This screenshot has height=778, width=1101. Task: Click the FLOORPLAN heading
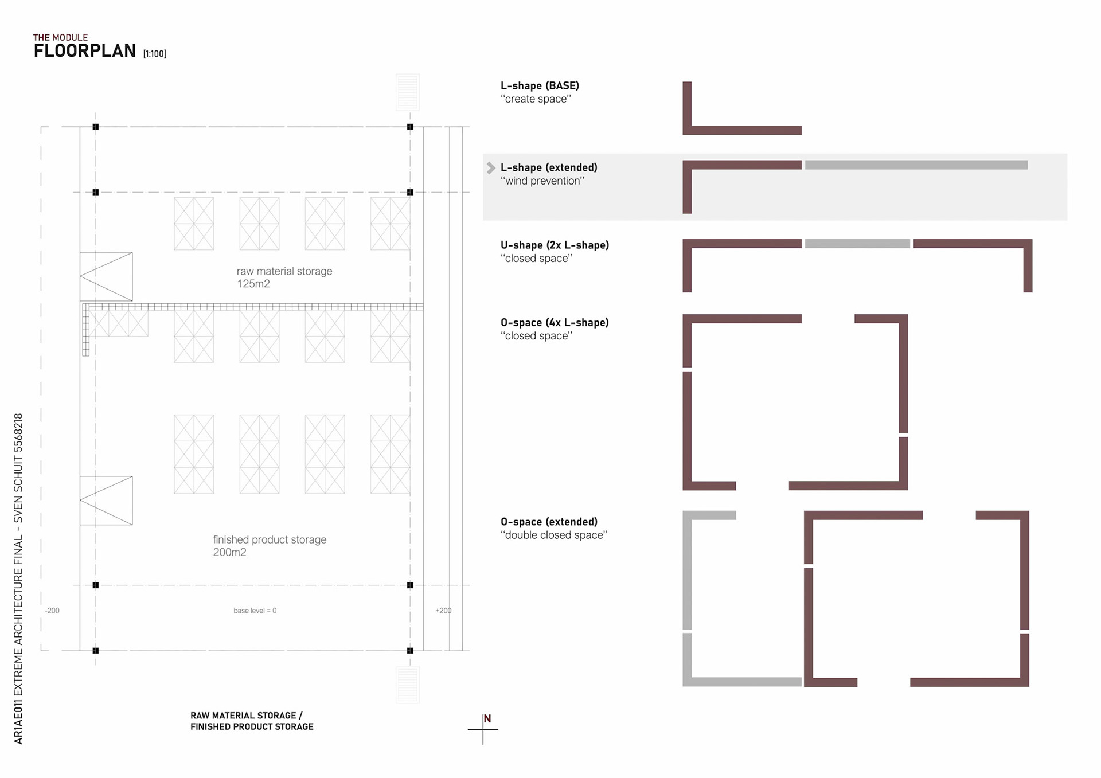(x=84, y=51)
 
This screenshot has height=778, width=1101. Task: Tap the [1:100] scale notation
(x=155, y=54)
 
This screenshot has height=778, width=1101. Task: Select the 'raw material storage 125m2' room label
(x=284, y=277)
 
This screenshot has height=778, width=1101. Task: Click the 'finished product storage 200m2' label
(x=269, y=546)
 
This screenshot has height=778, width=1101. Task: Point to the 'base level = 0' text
(x=255, y=611)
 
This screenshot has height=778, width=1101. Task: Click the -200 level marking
(x=52, y=611)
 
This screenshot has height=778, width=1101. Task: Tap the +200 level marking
(x=443, y=611)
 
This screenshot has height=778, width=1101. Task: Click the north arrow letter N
(x=487, y=719)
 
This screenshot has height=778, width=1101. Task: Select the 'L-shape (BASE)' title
(x=540, y=86)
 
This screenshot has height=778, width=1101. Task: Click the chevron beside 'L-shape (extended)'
(x=491, y=168)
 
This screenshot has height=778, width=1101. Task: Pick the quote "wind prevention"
(x=542, y=181)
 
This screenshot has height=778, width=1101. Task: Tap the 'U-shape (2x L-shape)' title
(x=555, y=245)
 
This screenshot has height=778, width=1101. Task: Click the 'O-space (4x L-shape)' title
(x=555, y=323)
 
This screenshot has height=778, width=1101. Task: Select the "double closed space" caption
(x=553, y=535)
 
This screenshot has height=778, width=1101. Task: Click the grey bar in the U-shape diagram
(x=857, y=244)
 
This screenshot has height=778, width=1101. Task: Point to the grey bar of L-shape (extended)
(x=916, y=165)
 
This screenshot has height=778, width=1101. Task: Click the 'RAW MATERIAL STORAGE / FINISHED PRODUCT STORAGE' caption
(x=252, y=721)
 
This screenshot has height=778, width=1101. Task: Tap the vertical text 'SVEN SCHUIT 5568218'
(x=18, y=467)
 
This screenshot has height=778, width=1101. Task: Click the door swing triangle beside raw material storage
(x=107, y=276)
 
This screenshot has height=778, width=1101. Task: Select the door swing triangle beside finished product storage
(x=107, y=501)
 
